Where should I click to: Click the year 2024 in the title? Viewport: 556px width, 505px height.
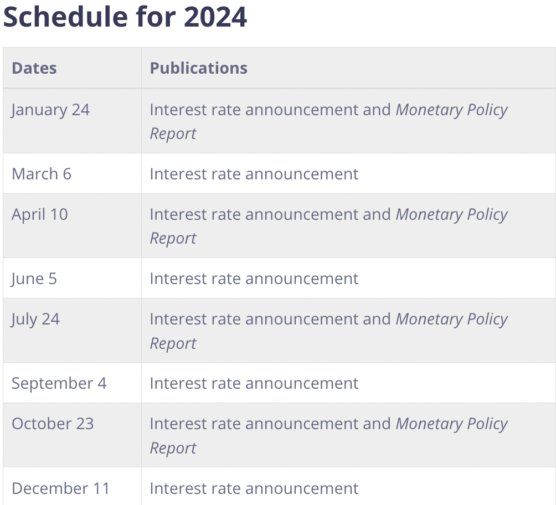point(215,17)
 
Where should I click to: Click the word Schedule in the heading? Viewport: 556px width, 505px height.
point(65,17)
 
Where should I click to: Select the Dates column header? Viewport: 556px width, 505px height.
point(34,68)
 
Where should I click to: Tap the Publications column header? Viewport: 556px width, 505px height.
point(199,68)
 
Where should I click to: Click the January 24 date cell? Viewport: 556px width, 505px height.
point(50,110)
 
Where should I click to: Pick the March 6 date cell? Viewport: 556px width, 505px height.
point(42,174)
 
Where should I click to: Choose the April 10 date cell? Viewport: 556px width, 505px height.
point(40,214)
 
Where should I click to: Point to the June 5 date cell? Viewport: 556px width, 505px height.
point(34,279)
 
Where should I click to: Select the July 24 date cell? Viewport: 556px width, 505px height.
point(35,319)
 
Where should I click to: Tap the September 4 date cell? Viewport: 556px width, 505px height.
point(59,383)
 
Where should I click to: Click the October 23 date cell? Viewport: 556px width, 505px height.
point(53,424)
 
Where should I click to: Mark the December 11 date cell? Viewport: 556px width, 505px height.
point(60,488)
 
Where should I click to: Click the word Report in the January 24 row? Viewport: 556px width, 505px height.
point(173,133)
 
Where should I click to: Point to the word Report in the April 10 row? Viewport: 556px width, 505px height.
point(173,238)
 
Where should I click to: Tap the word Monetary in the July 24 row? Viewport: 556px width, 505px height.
point(429,319)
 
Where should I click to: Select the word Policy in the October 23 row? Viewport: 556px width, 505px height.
point(487,424)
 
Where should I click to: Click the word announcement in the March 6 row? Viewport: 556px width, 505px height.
point(302,174)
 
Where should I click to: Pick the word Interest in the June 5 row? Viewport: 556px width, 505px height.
point(178,279)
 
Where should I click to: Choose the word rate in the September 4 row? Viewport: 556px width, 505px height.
point(226,384)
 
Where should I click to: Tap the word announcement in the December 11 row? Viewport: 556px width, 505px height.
point(302,488)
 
